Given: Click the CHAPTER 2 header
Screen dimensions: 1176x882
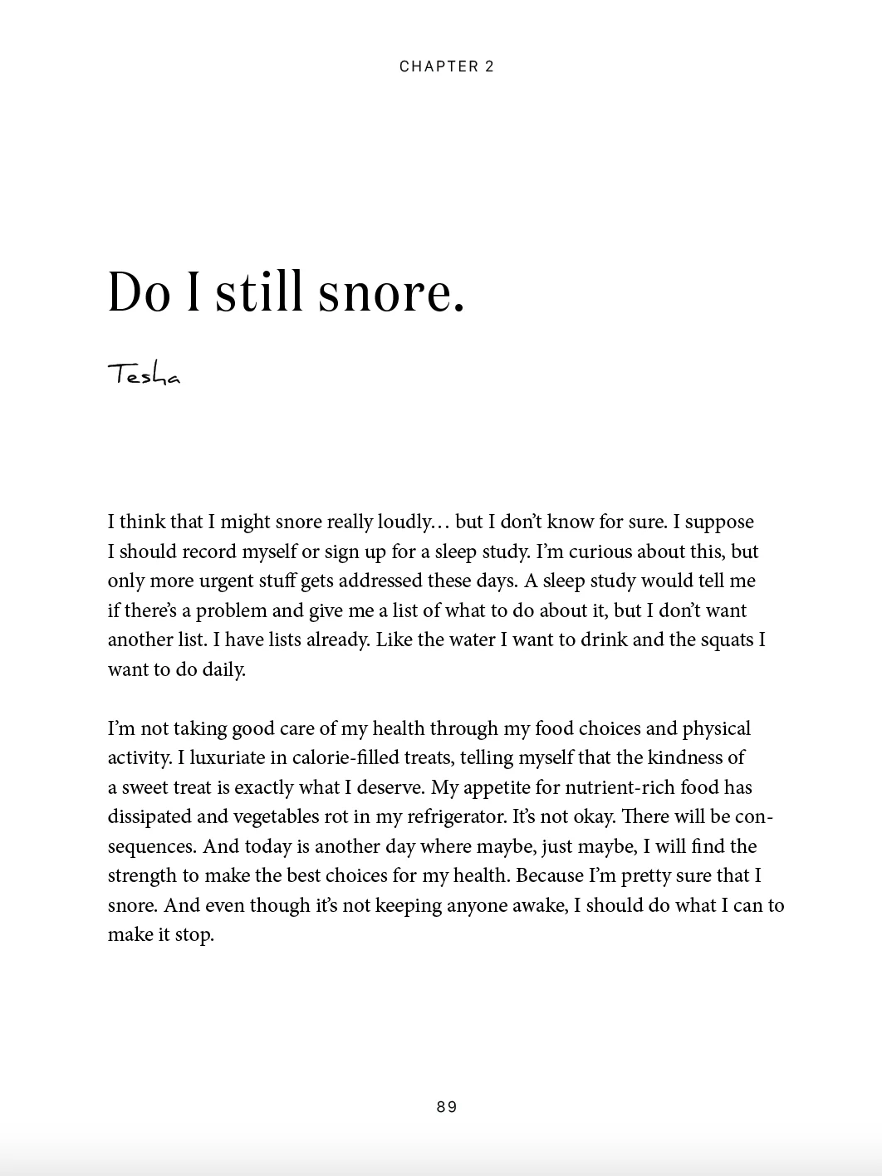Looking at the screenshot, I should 446,66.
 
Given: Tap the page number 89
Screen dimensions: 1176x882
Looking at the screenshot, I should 446,1106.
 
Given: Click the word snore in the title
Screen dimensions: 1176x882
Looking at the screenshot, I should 390,292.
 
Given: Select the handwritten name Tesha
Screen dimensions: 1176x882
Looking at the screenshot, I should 144,375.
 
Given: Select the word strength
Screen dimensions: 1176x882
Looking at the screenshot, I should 142,875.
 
